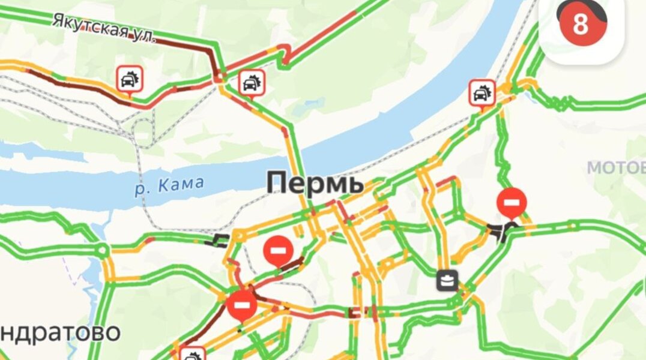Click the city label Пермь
point(315,182)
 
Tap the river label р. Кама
point(169,185)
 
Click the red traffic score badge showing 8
point(580,25)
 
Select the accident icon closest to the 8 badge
point(481,93)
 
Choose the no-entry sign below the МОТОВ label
point(511,202)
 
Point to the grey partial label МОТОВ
point(615,168)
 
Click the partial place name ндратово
point(60,332)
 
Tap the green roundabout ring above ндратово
point(103,249)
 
